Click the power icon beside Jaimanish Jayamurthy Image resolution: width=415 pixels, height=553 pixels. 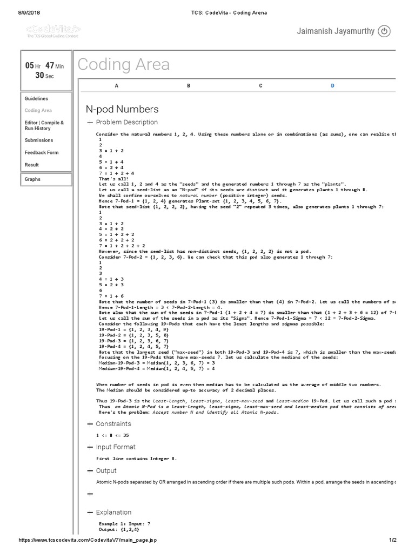click(384, 31)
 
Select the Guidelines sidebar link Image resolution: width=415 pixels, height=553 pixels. click(36, 99)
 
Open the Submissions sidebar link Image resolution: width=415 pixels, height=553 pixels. click(39, 140)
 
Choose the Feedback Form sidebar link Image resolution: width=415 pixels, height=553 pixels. click(42, 153)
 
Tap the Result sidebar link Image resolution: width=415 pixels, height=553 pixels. click(32, 165)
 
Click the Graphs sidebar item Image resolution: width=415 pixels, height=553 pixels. click(32, 179)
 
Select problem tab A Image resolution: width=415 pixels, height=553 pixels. click(116, 86)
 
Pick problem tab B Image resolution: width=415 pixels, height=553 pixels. click(189, 86)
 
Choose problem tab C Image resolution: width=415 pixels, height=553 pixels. click(260, 86)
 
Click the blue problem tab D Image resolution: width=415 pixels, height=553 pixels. click(332, 86)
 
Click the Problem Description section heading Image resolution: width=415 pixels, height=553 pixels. click(126, 123)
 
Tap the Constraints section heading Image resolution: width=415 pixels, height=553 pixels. click(113, 424)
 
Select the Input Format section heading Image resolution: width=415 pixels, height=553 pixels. click(116, 447)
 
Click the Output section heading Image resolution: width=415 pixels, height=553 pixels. click(106, 471)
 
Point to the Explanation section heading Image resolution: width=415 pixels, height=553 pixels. click(113, 512)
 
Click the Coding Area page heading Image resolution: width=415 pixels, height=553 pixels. click(124, 65)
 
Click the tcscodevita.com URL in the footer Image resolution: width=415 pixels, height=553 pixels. click(88, 540)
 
